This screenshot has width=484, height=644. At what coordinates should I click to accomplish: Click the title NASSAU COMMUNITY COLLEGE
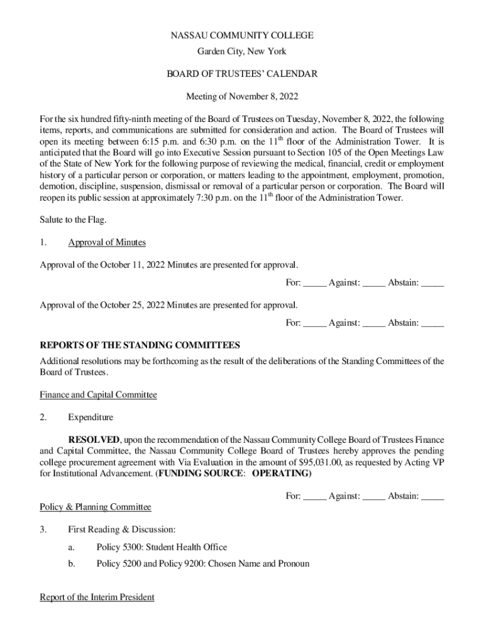click(x=242, y=36)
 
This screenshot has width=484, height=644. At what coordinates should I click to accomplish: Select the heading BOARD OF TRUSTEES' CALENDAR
click(x=242, y=74)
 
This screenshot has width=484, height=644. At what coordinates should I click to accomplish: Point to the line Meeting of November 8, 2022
click(x=242, y=97)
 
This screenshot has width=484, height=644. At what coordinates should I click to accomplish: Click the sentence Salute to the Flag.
click(x=73, y=219)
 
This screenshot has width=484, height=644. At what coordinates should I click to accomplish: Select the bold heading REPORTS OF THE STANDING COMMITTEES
click(x=140, y=345)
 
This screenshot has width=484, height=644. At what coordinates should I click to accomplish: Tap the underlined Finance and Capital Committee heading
click(x=98, y=395)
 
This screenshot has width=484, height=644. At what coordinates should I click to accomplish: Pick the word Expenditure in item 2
click(x=91, y=417)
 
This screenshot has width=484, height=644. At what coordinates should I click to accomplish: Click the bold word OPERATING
click(x=281, y=474)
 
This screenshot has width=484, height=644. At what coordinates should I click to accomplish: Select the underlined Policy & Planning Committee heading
click(x=96, y=507)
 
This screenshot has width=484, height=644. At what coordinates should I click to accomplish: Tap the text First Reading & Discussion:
click(x=117, y=530)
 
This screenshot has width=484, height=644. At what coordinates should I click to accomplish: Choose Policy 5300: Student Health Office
click(x=162, y=547)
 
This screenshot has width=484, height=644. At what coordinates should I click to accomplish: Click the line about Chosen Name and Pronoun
click(x=202, y=563)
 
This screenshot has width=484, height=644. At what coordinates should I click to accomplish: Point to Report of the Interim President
click(x=97, y=597)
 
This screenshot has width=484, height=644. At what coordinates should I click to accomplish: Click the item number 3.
click(x=43, y=530)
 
